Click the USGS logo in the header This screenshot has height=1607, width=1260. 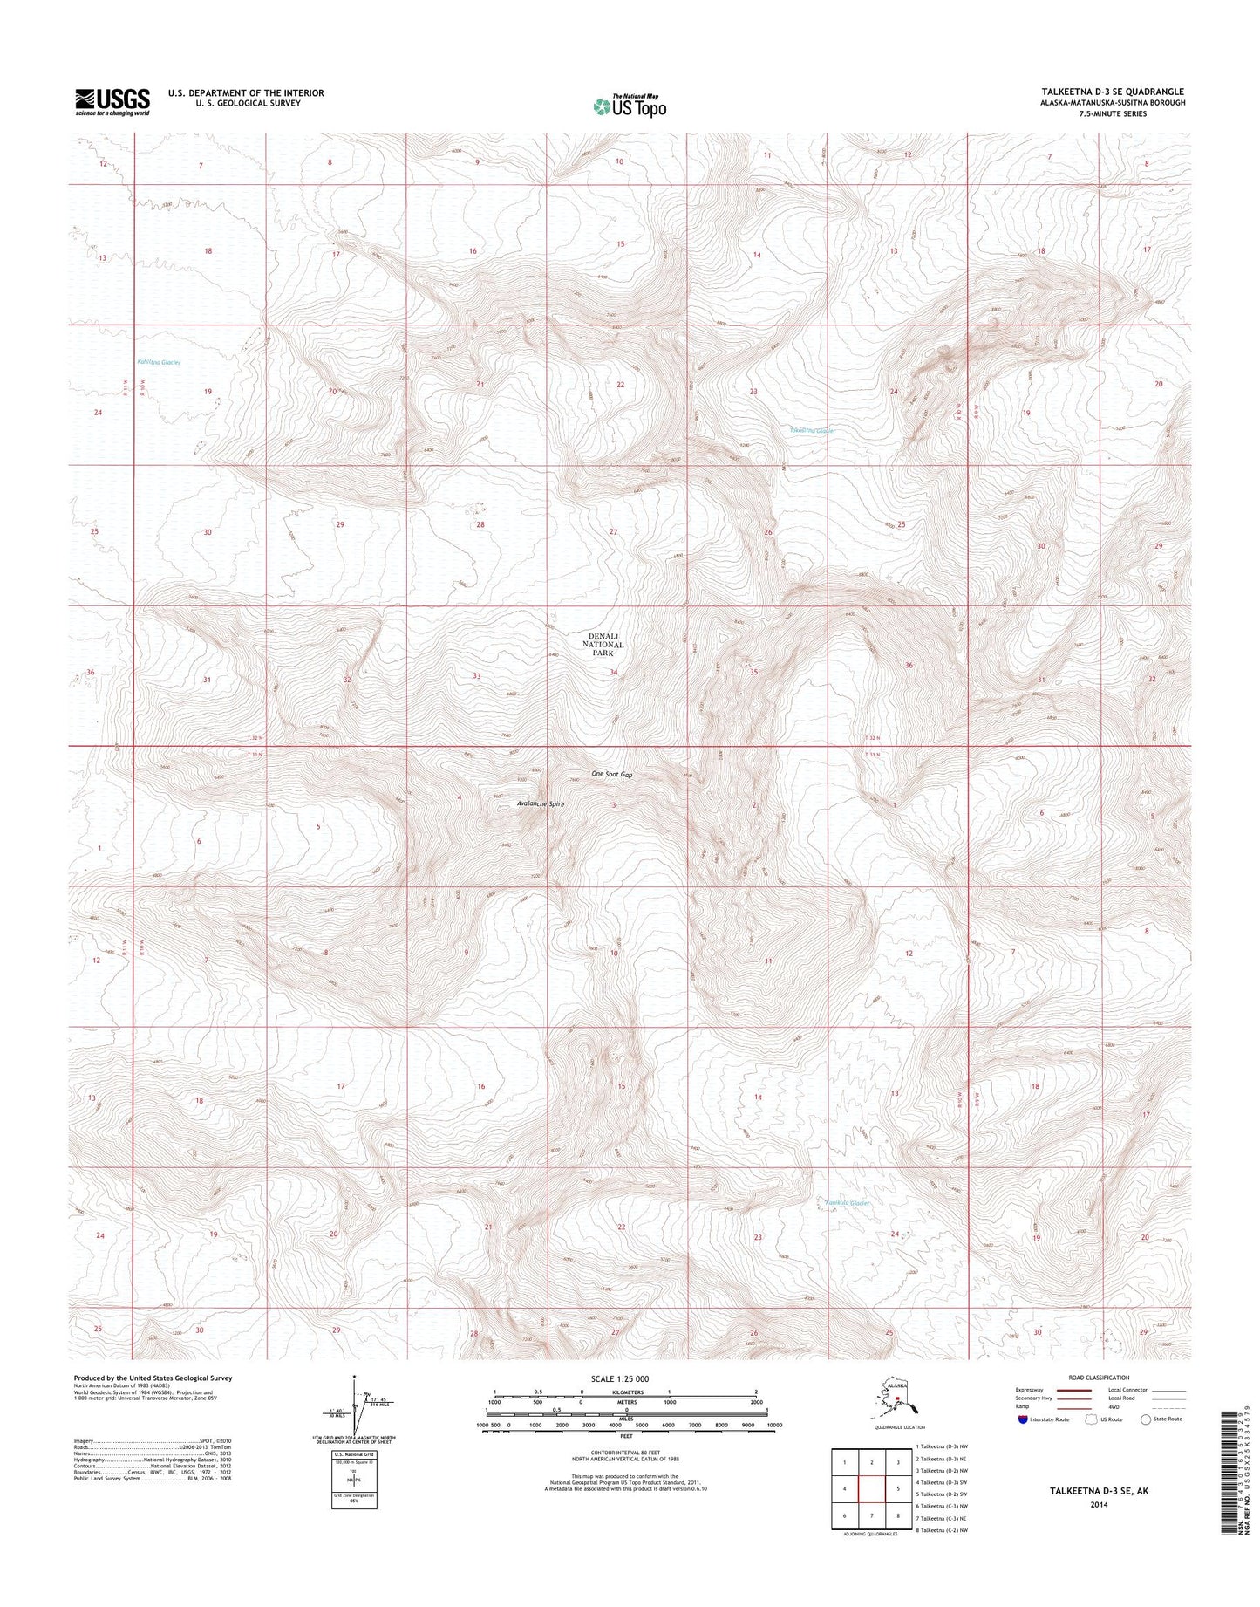coord(112,101)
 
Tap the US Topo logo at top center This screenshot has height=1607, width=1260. coord(630,106)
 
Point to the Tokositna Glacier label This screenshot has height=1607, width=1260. coord(813,430)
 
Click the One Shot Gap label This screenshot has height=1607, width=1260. coord(611,775)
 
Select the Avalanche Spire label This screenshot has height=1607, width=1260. coord(541,804)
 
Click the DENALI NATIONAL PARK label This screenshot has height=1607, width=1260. coord(603,645)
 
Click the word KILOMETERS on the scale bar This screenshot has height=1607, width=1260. coord(625,1392)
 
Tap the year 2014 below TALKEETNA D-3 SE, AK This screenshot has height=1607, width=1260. coord(1098,1504)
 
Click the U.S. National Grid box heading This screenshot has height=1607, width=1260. coord(354,1455)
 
